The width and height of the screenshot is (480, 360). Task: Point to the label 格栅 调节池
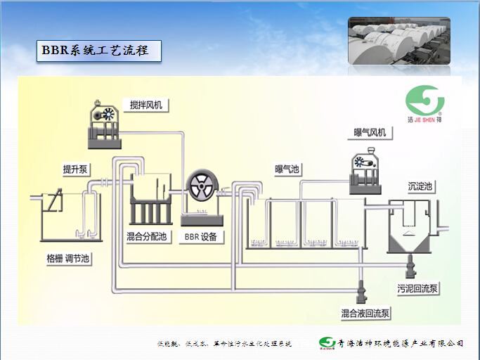(x=68, y=259)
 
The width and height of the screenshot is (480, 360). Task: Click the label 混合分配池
(x=147, y=236)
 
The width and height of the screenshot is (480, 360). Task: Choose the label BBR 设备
(x=200, y=237)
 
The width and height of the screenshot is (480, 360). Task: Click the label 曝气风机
(x=370, y=132)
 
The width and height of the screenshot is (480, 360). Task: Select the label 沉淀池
(x=420, y=187)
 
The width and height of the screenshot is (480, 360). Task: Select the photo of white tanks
(x=398, y=40)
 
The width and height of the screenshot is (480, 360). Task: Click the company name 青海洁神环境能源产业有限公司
(x=401, y=343)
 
